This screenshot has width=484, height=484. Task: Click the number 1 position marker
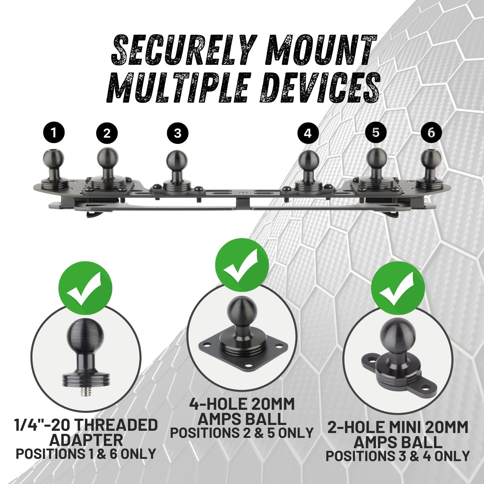(x=54, y=133)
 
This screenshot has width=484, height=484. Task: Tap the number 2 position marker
(x=107, y=133)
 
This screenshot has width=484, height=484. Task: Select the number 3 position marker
(x=177, y=133)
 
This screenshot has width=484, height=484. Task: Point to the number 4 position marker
(x=308, y=133)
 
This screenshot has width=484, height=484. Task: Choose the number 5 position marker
(x=376, y=132)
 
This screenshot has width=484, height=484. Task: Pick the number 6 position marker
(x=431, y=132)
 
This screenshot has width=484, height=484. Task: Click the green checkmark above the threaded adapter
(x=85, y=288)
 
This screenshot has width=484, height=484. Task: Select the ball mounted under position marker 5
(x=376, y=157)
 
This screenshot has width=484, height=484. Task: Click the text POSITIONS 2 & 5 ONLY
(x=242, y=433)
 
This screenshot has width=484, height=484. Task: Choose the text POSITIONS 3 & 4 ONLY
(x=398, y=456)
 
